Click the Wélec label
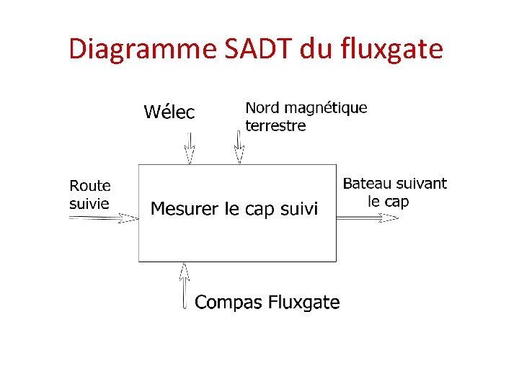pyautogui.click(x=169, y=112)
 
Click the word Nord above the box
pyautogui.click(x=264, y=108)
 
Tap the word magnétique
pyautogui.click(x=327, y=109)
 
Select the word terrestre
pyautogui.click(x=275, y=126)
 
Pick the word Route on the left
pyautogui.click(x=90, y=187)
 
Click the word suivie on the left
pyautogui.click(x=89, y=204)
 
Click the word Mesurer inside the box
pyautogui.click(x=185, y=210)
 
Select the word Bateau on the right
pyautogui.click(x=367, y=184)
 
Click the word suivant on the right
pyautogui.click(x=420, y=184)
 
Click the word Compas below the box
pyautogui.click(x=229, y=303)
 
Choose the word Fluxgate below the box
pyautogui.click(x=303, y=303)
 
